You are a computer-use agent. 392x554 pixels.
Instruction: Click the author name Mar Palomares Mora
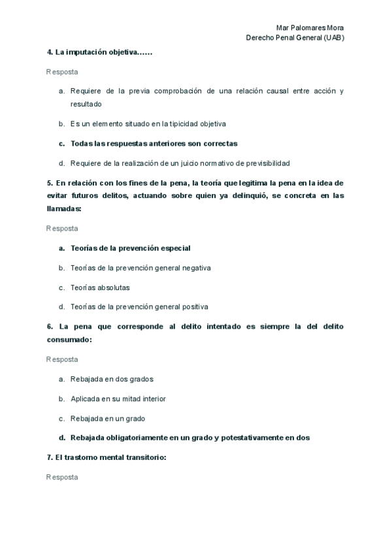coord(310,27)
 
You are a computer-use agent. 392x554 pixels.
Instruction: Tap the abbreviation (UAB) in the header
coord(333,37)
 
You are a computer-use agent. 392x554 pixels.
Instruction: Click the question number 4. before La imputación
coord(50,52)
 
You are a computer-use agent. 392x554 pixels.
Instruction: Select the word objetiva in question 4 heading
coord(118,52)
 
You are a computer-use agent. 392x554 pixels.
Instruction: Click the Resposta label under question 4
coord(62,71)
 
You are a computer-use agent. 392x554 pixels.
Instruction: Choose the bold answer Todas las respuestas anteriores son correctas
coord(154,143)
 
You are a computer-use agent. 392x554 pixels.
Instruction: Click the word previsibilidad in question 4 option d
coord(265,163)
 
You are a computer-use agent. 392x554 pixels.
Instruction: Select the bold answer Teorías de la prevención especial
coord(131,248)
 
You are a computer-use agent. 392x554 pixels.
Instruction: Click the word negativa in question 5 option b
coord(197,267)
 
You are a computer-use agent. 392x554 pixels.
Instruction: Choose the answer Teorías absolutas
coord(100,287)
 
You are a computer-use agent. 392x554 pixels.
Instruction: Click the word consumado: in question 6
coord(69,339)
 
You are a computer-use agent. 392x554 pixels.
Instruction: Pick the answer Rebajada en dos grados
coord(112,379)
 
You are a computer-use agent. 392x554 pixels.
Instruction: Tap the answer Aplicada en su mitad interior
coord(118,399)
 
